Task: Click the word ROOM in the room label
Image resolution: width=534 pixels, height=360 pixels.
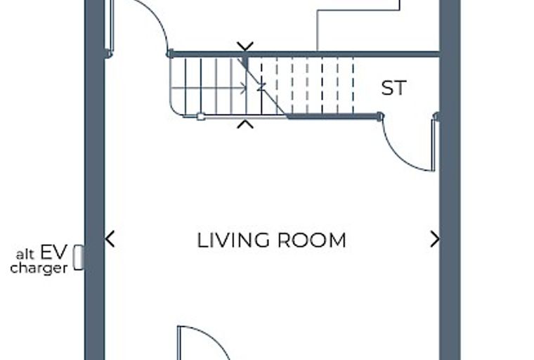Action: click(x=312, y=240)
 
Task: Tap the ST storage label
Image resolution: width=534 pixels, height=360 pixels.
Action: click(x=393, y=88)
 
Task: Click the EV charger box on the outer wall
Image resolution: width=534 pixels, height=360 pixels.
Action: click(x=79, y=257)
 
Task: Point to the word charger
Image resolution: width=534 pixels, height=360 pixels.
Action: click(x=39, y=268)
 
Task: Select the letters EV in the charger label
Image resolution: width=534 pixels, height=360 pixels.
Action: click(x=54, y=252)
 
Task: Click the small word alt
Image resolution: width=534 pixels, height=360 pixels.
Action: click(x=25, y=255)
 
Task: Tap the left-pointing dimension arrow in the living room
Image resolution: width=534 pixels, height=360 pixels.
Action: click(x=110, y=238)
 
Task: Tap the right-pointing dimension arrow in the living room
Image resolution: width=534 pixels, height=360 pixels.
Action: click(x=435, y=238)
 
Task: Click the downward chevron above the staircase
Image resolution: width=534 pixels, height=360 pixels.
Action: click(x=245, y=46)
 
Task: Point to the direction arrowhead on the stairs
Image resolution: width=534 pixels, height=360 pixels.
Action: click(x=244, y=88)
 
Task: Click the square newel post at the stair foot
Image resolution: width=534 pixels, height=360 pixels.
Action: click(x=200, y=117)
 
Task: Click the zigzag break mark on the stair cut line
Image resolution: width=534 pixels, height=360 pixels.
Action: click(x=261, y=86)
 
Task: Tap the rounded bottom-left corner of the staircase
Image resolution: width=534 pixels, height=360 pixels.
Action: click(x=176, y=110)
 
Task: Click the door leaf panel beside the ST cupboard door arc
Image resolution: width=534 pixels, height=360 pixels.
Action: click(x=434, y=146)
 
